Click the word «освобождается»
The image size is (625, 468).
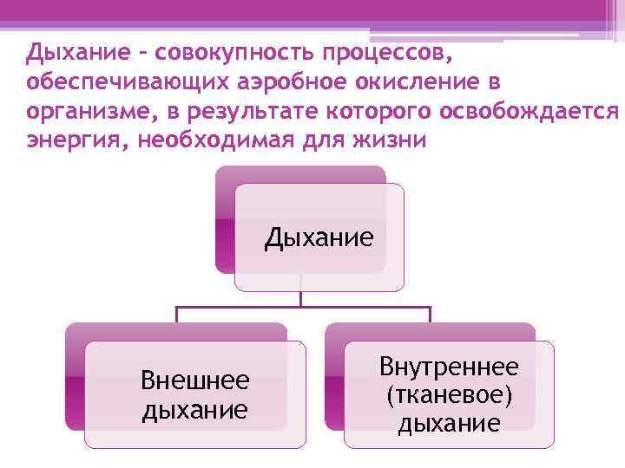coord(530,113)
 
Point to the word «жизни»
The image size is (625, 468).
coord(389,141)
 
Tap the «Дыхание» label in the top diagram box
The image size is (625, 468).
coord(319,237)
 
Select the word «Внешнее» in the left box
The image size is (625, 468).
coord(195,380)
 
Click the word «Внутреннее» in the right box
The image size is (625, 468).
coord(449,367)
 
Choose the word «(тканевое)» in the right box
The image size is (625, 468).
coord(449,395)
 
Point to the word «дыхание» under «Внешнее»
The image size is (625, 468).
coord(195,407)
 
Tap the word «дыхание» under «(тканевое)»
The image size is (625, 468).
coord(449,423)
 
